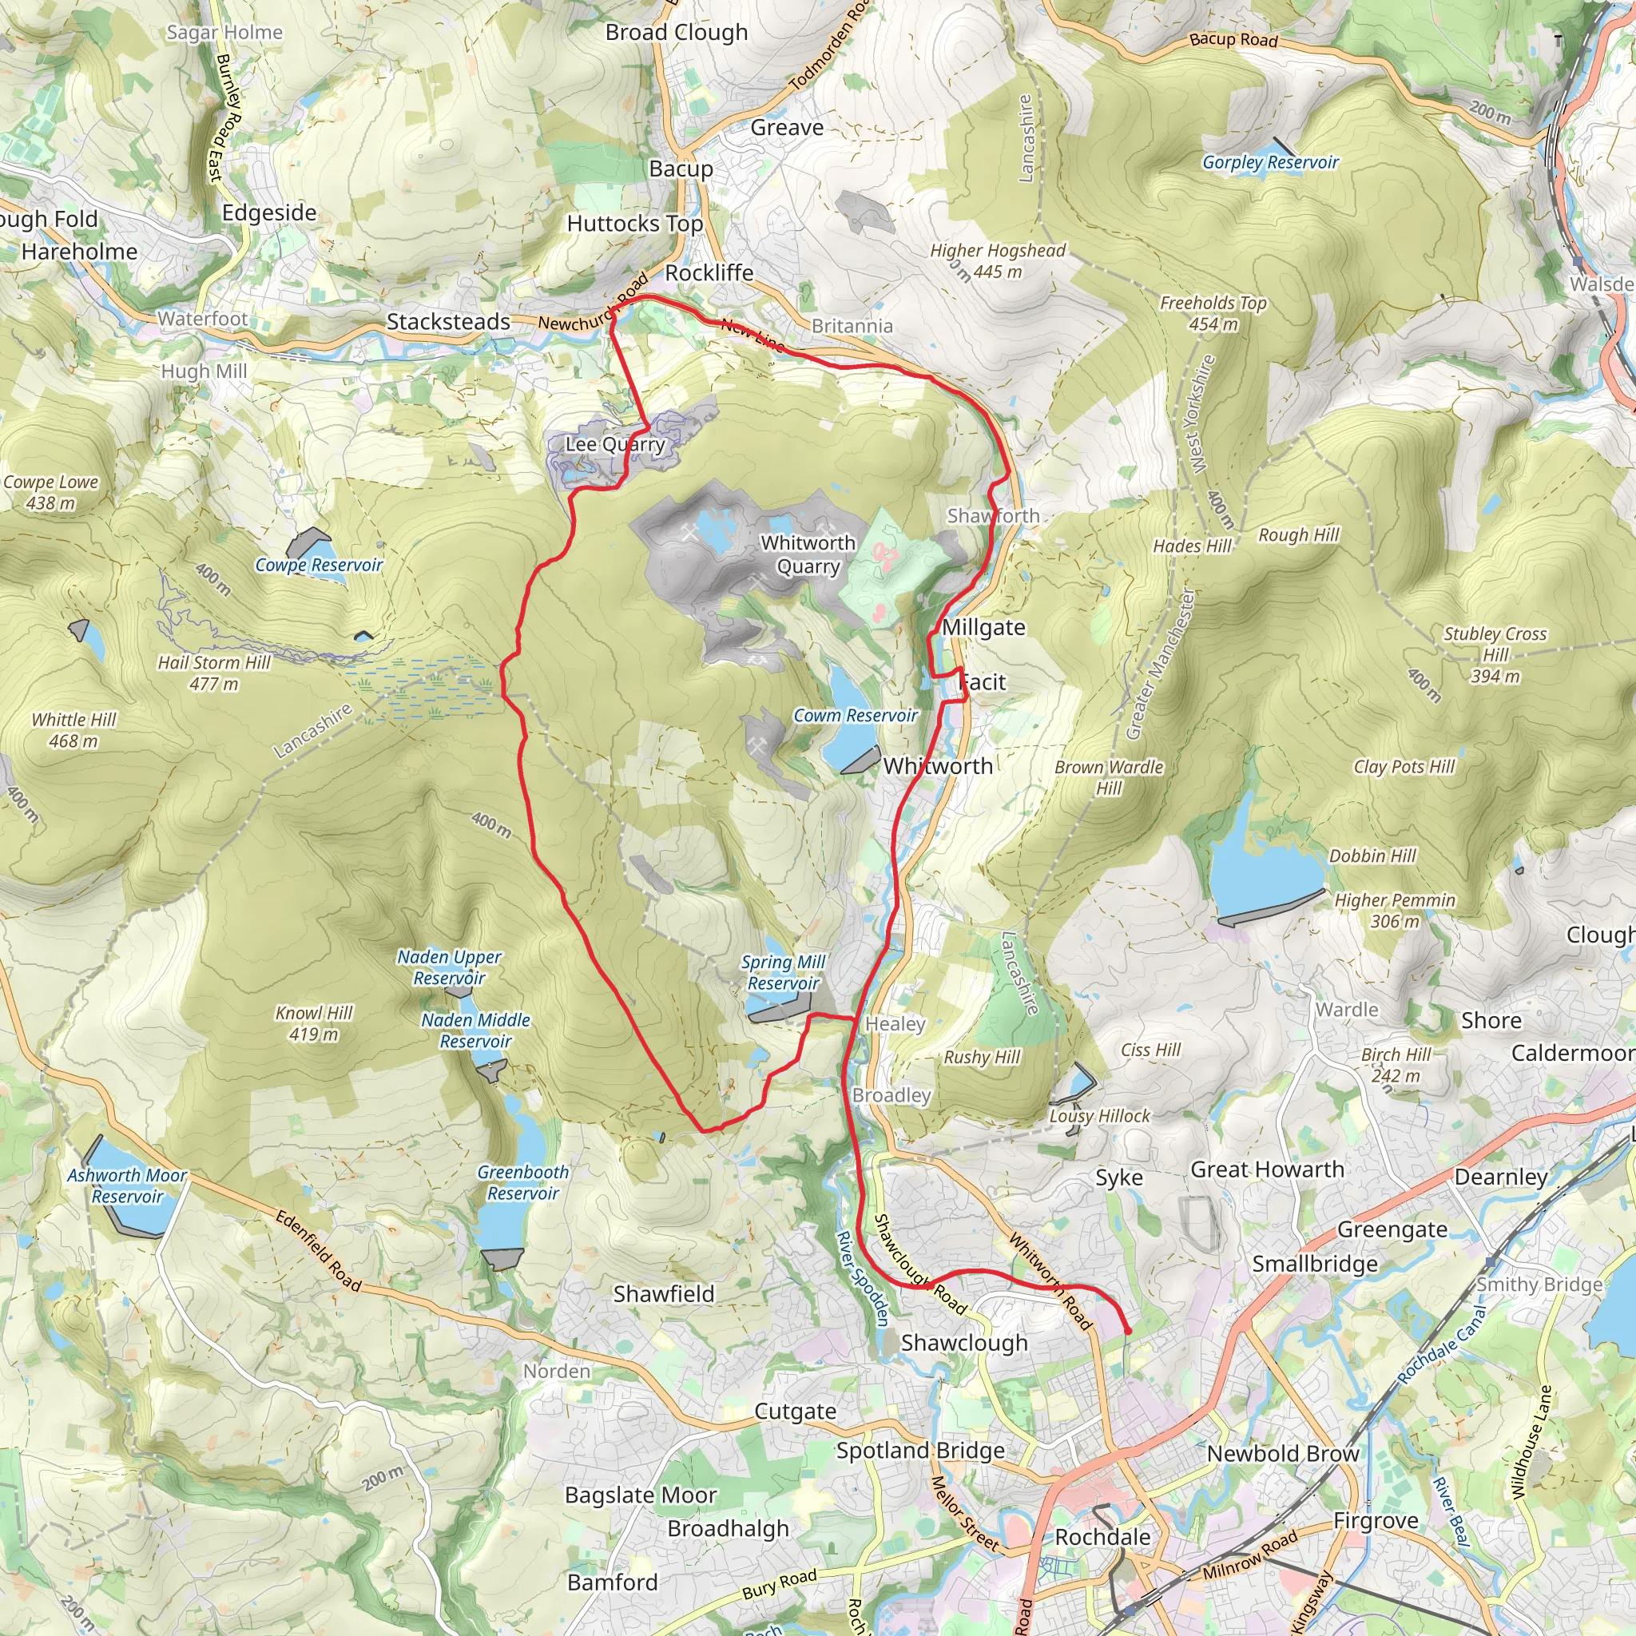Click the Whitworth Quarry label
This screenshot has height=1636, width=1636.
pyautogui.click(x=808, y=554)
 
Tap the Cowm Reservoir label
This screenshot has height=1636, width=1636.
pyautogui.click(x=856, y=716)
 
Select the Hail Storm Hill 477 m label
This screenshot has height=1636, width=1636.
pyautogui.click(x=213, y=673)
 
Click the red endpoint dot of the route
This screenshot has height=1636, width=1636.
pyautogui.click(x=1128, y=1331)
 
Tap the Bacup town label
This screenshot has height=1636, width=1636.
pyautogui.click(x=681, y=169)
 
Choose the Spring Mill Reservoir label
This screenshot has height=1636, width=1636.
pyautogui.click(x=784, y=972)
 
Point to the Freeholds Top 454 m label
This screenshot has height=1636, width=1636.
pyautogui.click(x=1213, y=313)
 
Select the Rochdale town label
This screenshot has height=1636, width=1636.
pyautogui.click(x=1102, y=1537)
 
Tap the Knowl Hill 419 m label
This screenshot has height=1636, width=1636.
pyautogui.click(x=314, y=1023)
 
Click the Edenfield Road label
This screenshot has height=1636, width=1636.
pyautogui.click(x=319, y=1250)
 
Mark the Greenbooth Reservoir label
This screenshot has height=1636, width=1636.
pyautogui.click(x=523, y=1182)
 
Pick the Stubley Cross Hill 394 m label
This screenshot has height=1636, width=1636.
pyautogui.click(x=1495, y=654)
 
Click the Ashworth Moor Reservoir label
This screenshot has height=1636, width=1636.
pyautogui.click(x=127, y=1185)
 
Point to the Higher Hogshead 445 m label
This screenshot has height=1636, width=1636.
pyautogui.click(x=998, y=260)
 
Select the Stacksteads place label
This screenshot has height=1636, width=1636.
pyautogui.click(x=448, y=322)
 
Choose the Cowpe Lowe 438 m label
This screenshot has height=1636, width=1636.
pyautogui.click(x=51, y=492)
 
